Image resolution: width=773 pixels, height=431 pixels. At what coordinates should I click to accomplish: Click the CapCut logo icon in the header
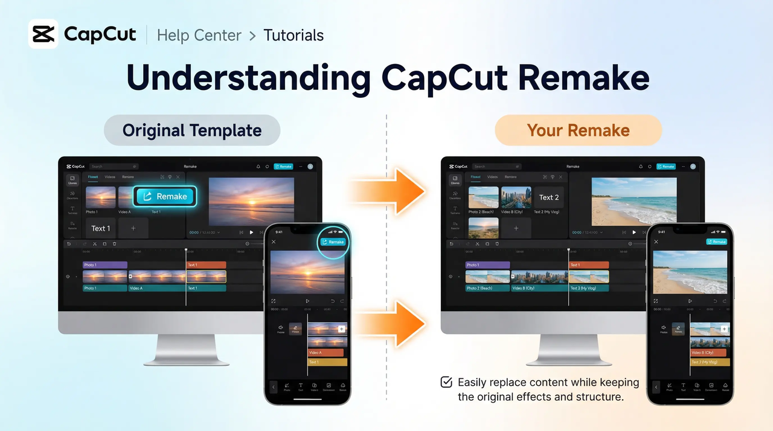[43, 34]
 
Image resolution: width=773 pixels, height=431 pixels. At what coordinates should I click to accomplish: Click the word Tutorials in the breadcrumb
[293, 36]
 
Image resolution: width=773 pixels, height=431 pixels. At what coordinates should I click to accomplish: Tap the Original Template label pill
[192, 130]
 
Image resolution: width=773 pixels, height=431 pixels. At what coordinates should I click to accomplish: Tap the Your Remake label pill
[578, 130]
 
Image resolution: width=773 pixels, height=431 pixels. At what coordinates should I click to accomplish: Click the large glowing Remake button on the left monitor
[165, 196]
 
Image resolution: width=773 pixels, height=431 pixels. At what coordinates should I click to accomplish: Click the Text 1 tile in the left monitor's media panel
[101, 228]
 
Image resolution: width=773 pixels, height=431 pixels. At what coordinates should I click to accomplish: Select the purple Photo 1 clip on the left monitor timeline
[105, 265]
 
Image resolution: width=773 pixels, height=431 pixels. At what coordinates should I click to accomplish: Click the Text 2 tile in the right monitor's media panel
[549, 197]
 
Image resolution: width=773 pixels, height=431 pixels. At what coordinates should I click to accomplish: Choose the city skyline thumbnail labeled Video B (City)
[516, 197]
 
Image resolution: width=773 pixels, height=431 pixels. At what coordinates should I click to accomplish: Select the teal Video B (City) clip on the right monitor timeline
[539, 289]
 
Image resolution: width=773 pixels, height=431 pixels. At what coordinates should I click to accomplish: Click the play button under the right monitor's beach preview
[634, 232]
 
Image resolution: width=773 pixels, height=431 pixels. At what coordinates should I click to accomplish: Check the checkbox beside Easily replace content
[446, 382]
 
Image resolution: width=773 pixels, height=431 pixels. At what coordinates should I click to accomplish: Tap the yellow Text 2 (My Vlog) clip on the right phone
[710, 362]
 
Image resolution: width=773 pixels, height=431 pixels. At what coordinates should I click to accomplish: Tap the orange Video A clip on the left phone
[326, 353]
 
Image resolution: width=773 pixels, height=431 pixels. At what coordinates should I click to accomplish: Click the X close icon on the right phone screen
[656, 242]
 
